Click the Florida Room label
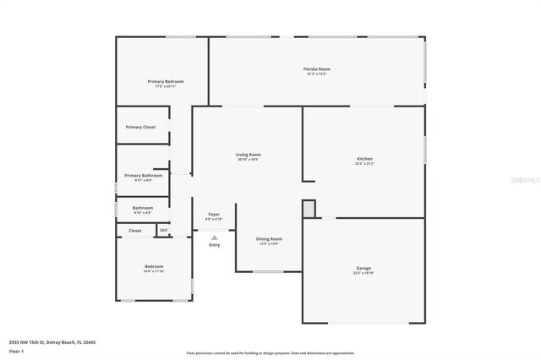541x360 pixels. pyautogui.click(x=317, y=68)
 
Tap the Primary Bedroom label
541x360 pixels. pyautogui.click(x=166, y=81)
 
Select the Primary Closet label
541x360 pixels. pyautogui.click(x=140, y=127)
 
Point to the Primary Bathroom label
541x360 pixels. pyautogui.click(x=143, y=175)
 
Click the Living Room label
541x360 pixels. pyautogui.click(x=248, y=155)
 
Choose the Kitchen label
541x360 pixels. pyautogui.click(x=364, y=159)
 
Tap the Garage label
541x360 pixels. pyautogui.click(x=363, y=268)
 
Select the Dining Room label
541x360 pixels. pyautogui.click(x=269, y=238)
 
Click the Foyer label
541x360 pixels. pyautogui.click(x=214, y=215)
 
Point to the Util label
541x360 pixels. pyautogui.click(x=163, y=230)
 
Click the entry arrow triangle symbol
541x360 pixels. pyautogui.click(x=214, y=237)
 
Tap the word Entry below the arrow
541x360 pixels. pyautogui.click(x=214, y=245)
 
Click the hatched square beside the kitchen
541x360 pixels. pyautogui.click(x=309, y=208)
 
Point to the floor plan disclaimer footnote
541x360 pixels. pyautogui.click(x=270, y=352)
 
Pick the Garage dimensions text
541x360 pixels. pyautogui.click(x=363, y=273)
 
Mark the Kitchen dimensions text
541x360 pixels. pyautogui.click(x=364, y=164)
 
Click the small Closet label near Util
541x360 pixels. pyautogui.click(x=135, y=230)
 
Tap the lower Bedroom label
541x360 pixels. pyautogui.click(x=154, y=267)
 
